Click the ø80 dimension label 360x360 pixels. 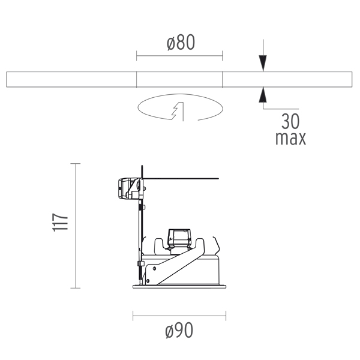[181, 42]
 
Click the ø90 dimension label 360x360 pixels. [179, 330]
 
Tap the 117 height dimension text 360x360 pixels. [61, 223]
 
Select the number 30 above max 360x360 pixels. [290, 121]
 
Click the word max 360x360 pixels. [290, 138]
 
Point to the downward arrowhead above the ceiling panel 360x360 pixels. [263, 64]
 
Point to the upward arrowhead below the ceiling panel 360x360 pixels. [263, 95]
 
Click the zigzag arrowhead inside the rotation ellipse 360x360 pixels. [178, 110]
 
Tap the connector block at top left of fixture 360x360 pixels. [130, 188]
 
